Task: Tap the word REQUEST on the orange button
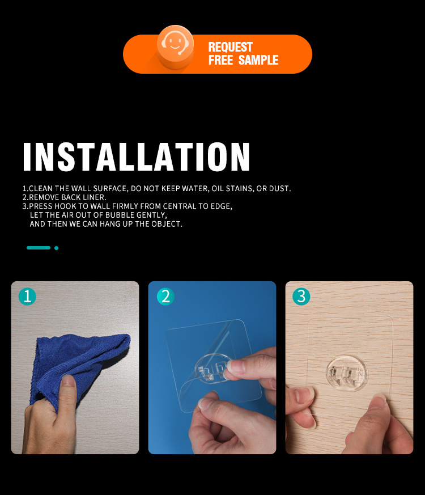230,47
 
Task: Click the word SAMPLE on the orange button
258,60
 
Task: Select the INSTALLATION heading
137,156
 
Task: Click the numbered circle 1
27,297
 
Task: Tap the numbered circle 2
165,297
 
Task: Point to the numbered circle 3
301,297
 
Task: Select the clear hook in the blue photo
212,369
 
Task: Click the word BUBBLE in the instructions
120,215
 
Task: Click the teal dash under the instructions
39,248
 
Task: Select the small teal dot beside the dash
57,248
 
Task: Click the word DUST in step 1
280,188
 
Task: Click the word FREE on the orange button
220,60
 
